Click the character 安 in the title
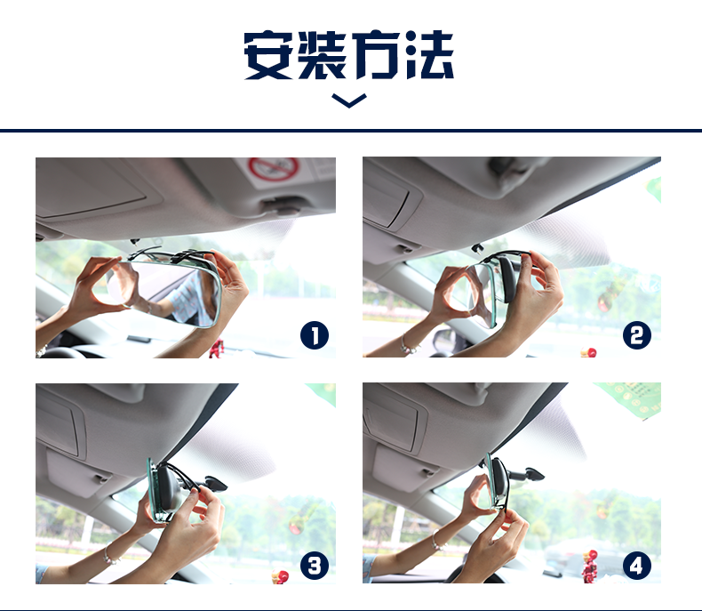(x=268, y=55)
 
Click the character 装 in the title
(x=323, y=55)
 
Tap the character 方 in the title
(x=376, y=55)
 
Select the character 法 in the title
(x=429, y=55)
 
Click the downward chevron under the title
(x=349, y=101)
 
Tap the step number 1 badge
(x=315, y=335)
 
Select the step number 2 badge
(x=636, y=335)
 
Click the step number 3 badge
(x=315, y=566)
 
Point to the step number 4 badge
(x=636, y=566)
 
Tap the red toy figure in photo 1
(x=217, y=349)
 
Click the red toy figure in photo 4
(x=590, y=567)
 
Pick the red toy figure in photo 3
(x=281, y=576)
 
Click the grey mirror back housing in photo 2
(x=508, y=278)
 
